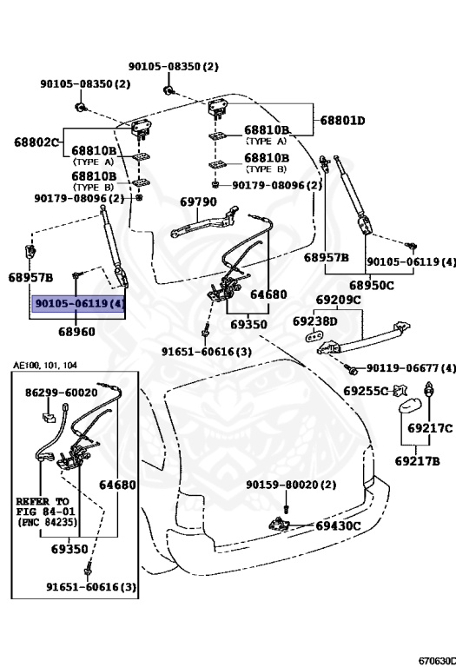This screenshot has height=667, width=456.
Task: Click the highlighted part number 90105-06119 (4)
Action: pyautogui.click(x=79, y=305)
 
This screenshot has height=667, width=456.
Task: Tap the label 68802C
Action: pyautogui.click(x=36, y=141)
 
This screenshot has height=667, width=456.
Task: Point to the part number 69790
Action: pyautogui.click(x=198, y=201)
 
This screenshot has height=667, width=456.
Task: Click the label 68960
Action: pyautogui.click(x=76, y=331)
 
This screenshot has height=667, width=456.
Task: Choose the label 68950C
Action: pyautogui.click(x=372, y=285)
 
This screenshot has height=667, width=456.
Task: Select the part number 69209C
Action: pyautogui.click(x=339, y=300)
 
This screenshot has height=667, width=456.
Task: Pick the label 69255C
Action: pyautogui.click(x=365, y=391)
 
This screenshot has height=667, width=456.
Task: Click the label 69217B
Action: pyautogui.click(x=418, y=460)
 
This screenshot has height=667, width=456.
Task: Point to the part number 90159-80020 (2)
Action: pyautogui.click(x=290, y=485)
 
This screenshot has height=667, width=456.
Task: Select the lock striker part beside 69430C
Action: pyautogui.click(x=282, y=524)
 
